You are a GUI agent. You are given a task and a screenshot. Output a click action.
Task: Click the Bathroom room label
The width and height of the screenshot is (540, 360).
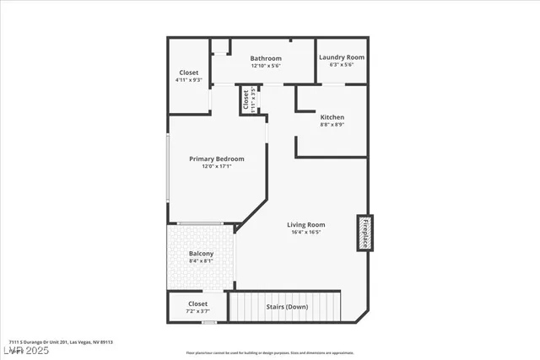(x=266, y=58)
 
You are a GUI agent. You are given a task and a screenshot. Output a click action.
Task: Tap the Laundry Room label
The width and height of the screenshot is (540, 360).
(x=342, y=57)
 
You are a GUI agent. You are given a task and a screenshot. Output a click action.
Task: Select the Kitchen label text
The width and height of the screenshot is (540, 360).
(x=332, y=116)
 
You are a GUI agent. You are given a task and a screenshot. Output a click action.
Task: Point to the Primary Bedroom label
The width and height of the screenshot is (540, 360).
(x=217, y=159)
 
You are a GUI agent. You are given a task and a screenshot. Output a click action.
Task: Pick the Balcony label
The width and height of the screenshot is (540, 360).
(x=201, y=254)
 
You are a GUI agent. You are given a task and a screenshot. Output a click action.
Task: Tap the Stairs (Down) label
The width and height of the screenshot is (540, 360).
(x=287, y=306)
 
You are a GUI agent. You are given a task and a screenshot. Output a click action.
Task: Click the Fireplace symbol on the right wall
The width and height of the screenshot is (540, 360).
(x=365, y=233)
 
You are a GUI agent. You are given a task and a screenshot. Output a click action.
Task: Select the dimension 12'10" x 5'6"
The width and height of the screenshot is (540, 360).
(x=266, y=66)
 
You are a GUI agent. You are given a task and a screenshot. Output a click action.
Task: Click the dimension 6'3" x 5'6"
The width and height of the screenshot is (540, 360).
(x=342, y=65)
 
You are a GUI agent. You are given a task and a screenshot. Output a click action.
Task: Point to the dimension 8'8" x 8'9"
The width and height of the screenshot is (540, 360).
(x=332, y=124)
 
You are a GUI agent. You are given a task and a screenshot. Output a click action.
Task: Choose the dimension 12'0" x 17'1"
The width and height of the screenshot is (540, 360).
(x=217, y=166)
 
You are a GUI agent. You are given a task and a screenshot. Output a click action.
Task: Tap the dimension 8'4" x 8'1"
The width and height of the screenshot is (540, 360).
(x=201, y=261)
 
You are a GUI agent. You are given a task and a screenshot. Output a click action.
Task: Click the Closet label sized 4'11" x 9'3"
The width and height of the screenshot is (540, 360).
(x=189, y=73)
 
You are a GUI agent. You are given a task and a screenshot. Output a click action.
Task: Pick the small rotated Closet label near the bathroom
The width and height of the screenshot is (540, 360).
(x=246, y=101)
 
